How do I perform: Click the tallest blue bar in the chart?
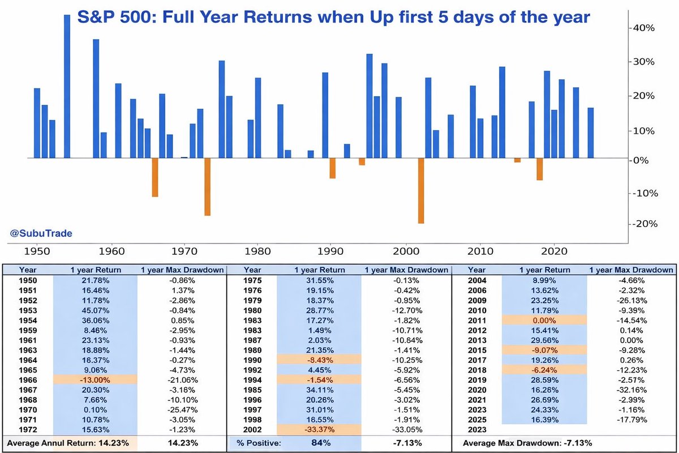click(67, 85)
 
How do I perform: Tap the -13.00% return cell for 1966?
click(95, 379)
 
